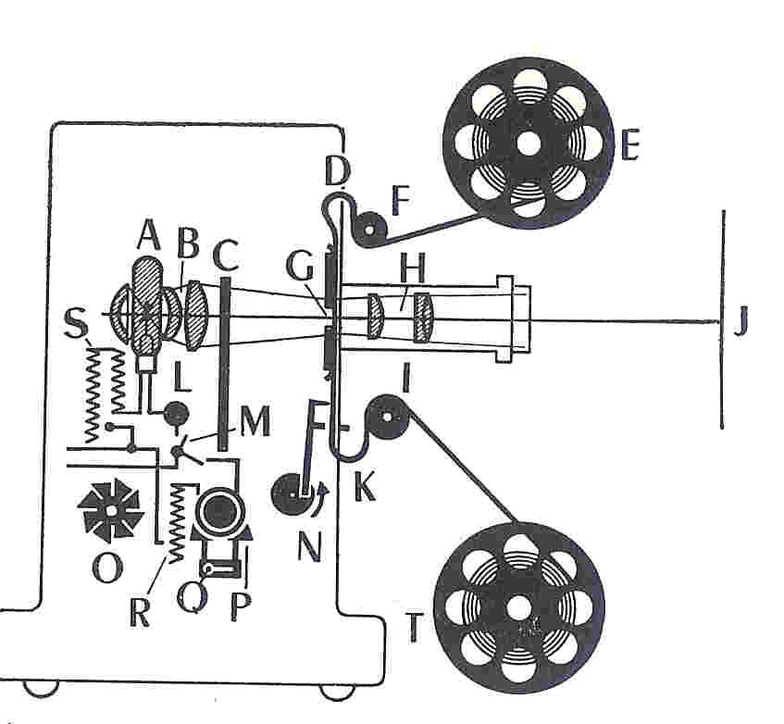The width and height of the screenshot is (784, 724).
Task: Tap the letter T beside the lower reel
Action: [x=416, y=629]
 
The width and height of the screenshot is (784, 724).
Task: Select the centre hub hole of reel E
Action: [x=528, y=144]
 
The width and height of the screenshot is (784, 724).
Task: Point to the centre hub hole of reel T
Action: [x=518, y=609]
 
